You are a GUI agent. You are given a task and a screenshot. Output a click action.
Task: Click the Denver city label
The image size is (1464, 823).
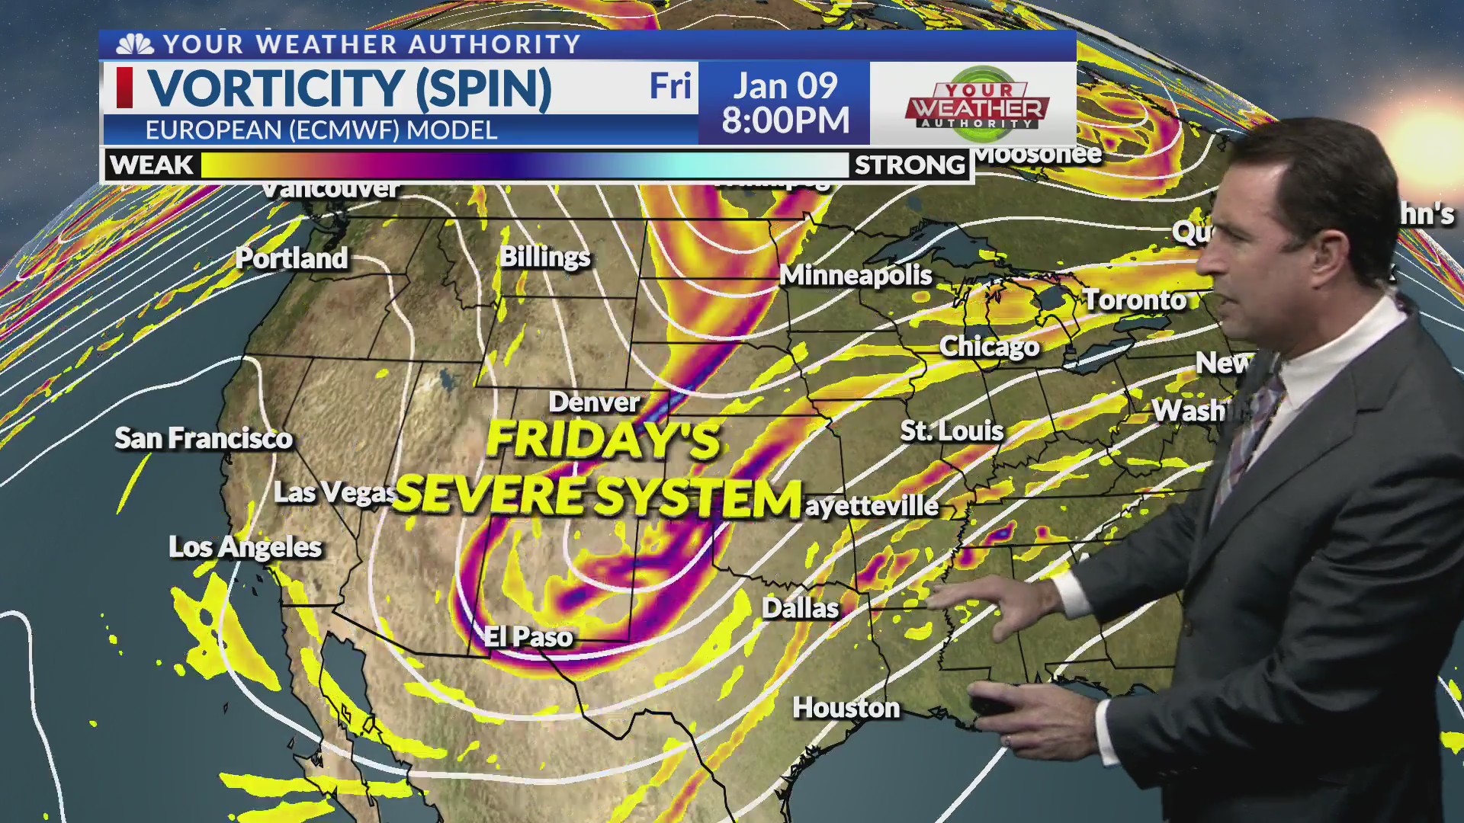(594, 402)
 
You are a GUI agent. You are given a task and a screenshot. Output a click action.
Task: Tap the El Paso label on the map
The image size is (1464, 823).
(528, 636)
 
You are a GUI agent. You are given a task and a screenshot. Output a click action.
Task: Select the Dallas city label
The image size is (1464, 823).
(800, 608)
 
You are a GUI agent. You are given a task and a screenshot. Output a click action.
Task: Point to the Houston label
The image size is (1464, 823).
(846, 708)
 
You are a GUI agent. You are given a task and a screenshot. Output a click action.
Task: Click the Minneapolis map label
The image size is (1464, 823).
(856, 275)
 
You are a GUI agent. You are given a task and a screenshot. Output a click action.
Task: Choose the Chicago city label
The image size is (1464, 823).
(989, 347)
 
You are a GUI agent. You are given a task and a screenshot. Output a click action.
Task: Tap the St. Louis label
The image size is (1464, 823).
(952, 431)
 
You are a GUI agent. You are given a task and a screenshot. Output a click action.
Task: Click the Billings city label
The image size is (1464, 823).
(544, 257)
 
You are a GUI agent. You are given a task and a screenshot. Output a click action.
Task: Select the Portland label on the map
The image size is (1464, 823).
(291, 258)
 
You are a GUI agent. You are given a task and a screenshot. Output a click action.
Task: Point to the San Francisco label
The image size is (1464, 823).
(204, 438)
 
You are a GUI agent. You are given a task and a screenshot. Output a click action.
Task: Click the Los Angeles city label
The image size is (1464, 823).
(245, 546)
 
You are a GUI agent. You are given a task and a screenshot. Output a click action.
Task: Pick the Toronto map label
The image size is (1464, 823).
(1135, 300)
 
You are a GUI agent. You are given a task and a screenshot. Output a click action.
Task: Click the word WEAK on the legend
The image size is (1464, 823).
(151, 165)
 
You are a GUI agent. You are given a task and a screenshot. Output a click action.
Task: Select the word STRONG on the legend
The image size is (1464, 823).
(910, 165)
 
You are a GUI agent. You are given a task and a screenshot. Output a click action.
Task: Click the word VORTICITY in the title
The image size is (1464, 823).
(275, 88)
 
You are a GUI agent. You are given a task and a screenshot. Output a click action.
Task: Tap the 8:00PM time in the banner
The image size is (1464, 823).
(785, 120)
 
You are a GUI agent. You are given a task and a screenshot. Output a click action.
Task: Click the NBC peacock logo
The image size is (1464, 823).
(135, 44)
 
